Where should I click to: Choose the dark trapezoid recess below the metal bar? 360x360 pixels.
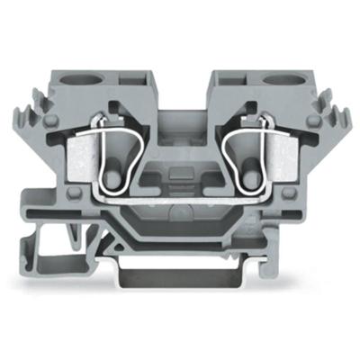(181, 211)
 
